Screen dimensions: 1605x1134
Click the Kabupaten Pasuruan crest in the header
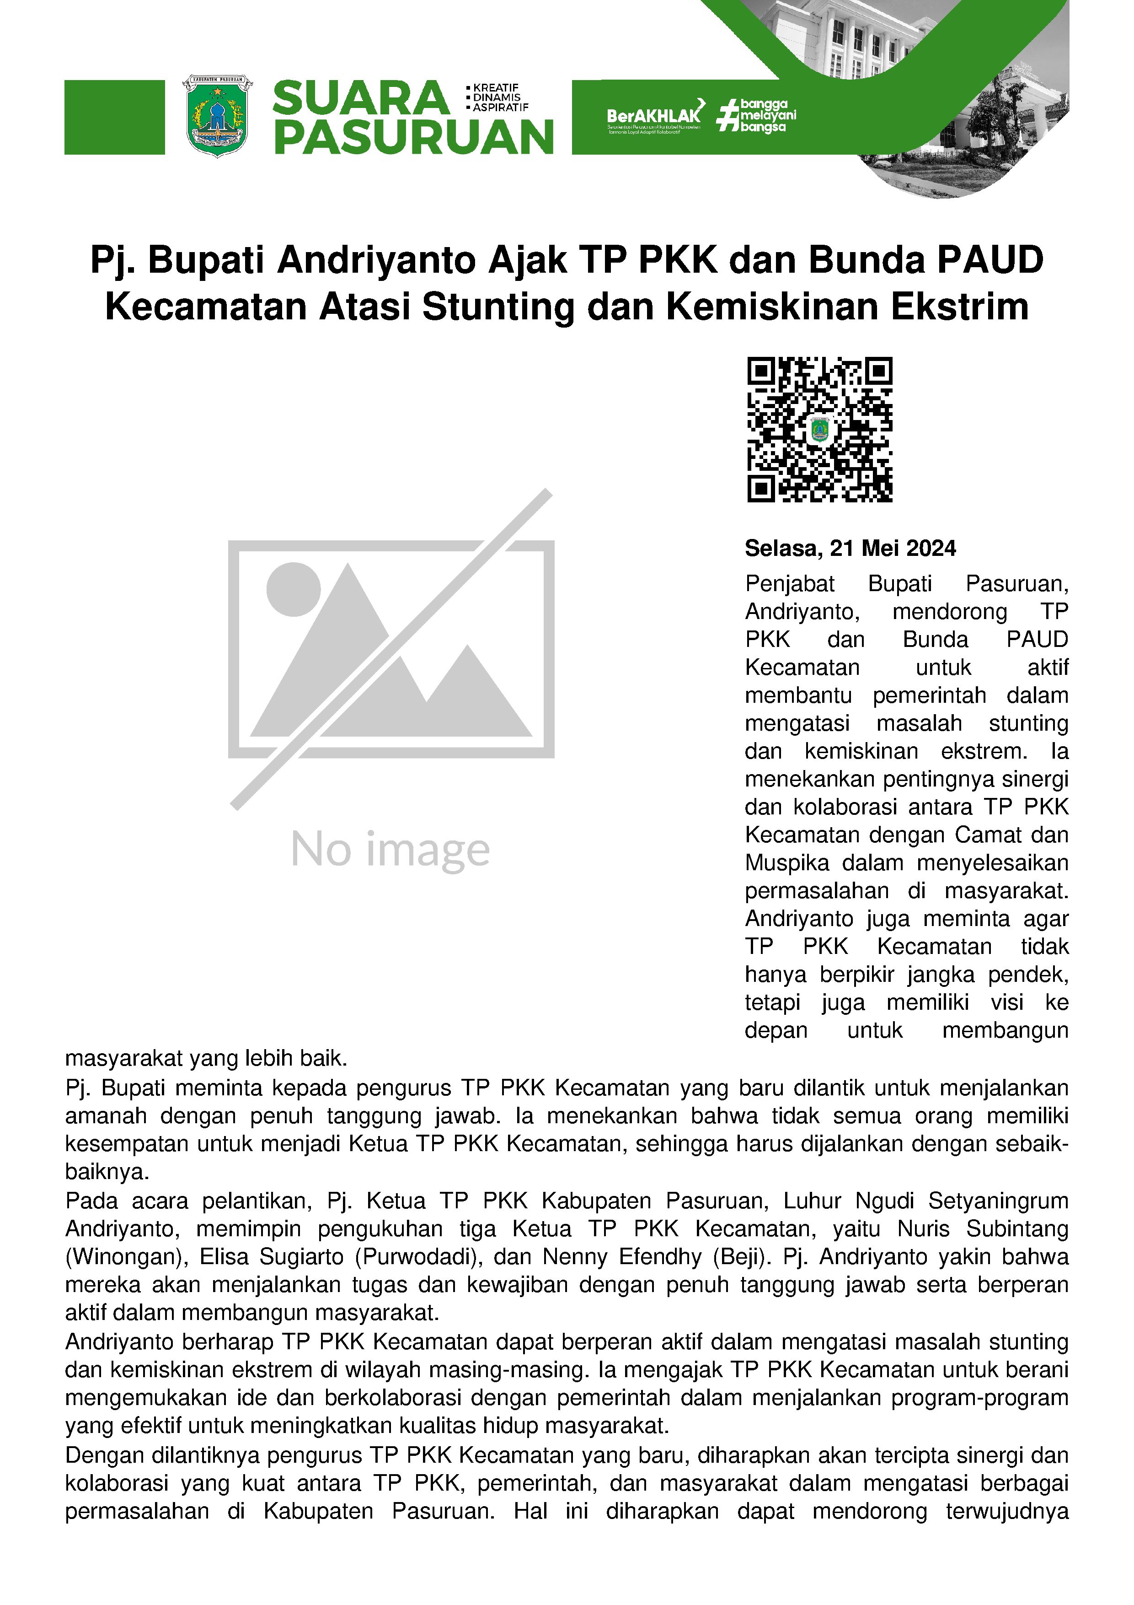pyautogui.click(x=217, y=116)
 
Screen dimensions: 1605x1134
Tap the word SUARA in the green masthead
pyautogui.click(x=360, y=98)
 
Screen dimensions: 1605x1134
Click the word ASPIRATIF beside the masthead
pyautogui.click(x=500, y=108)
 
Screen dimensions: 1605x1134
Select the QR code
pyautogui.click(x=819, y=429)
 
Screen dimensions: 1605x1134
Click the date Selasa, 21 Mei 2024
pyautogui.click(x=850, y=548)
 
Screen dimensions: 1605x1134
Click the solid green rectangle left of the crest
pyautogui.click(x=115, y=117)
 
